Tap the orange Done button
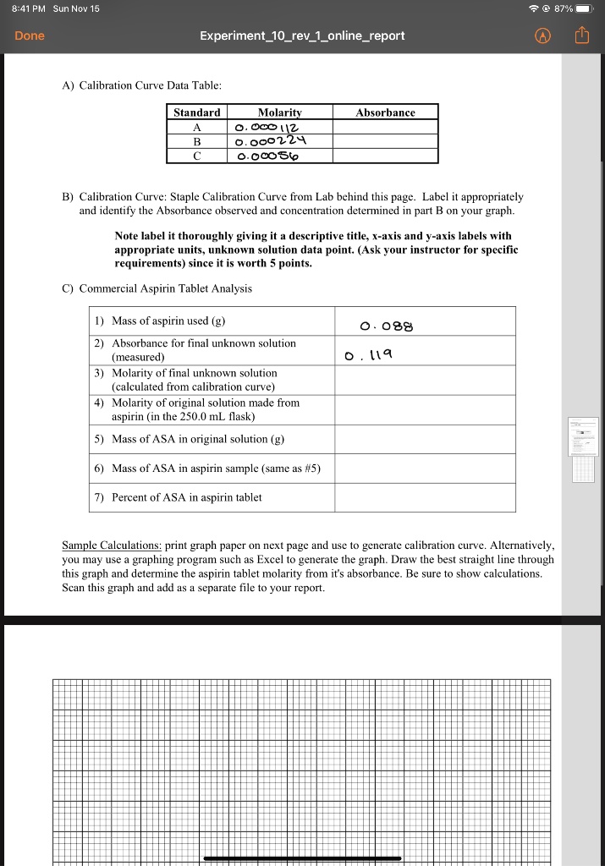click(30, 36)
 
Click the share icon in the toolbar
click(581, 36)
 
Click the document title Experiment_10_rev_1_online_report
click(302, 36)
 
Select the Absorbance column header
click(385, 112)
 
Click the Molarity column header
click(279, 112)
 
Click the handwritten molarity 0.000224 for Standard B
click(269, 141)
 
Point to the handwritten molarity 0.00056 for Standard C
click(267, 156)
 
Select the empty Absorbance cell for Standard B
click(385, 141)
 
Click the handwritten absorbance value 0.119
click(365, 355)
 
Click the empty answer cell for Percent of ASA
click(424, 497)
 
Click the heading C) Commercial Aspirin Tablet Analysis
click(157, 288)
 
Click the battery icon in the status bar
click(586, 8)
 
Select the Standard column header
click(197, 112)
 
